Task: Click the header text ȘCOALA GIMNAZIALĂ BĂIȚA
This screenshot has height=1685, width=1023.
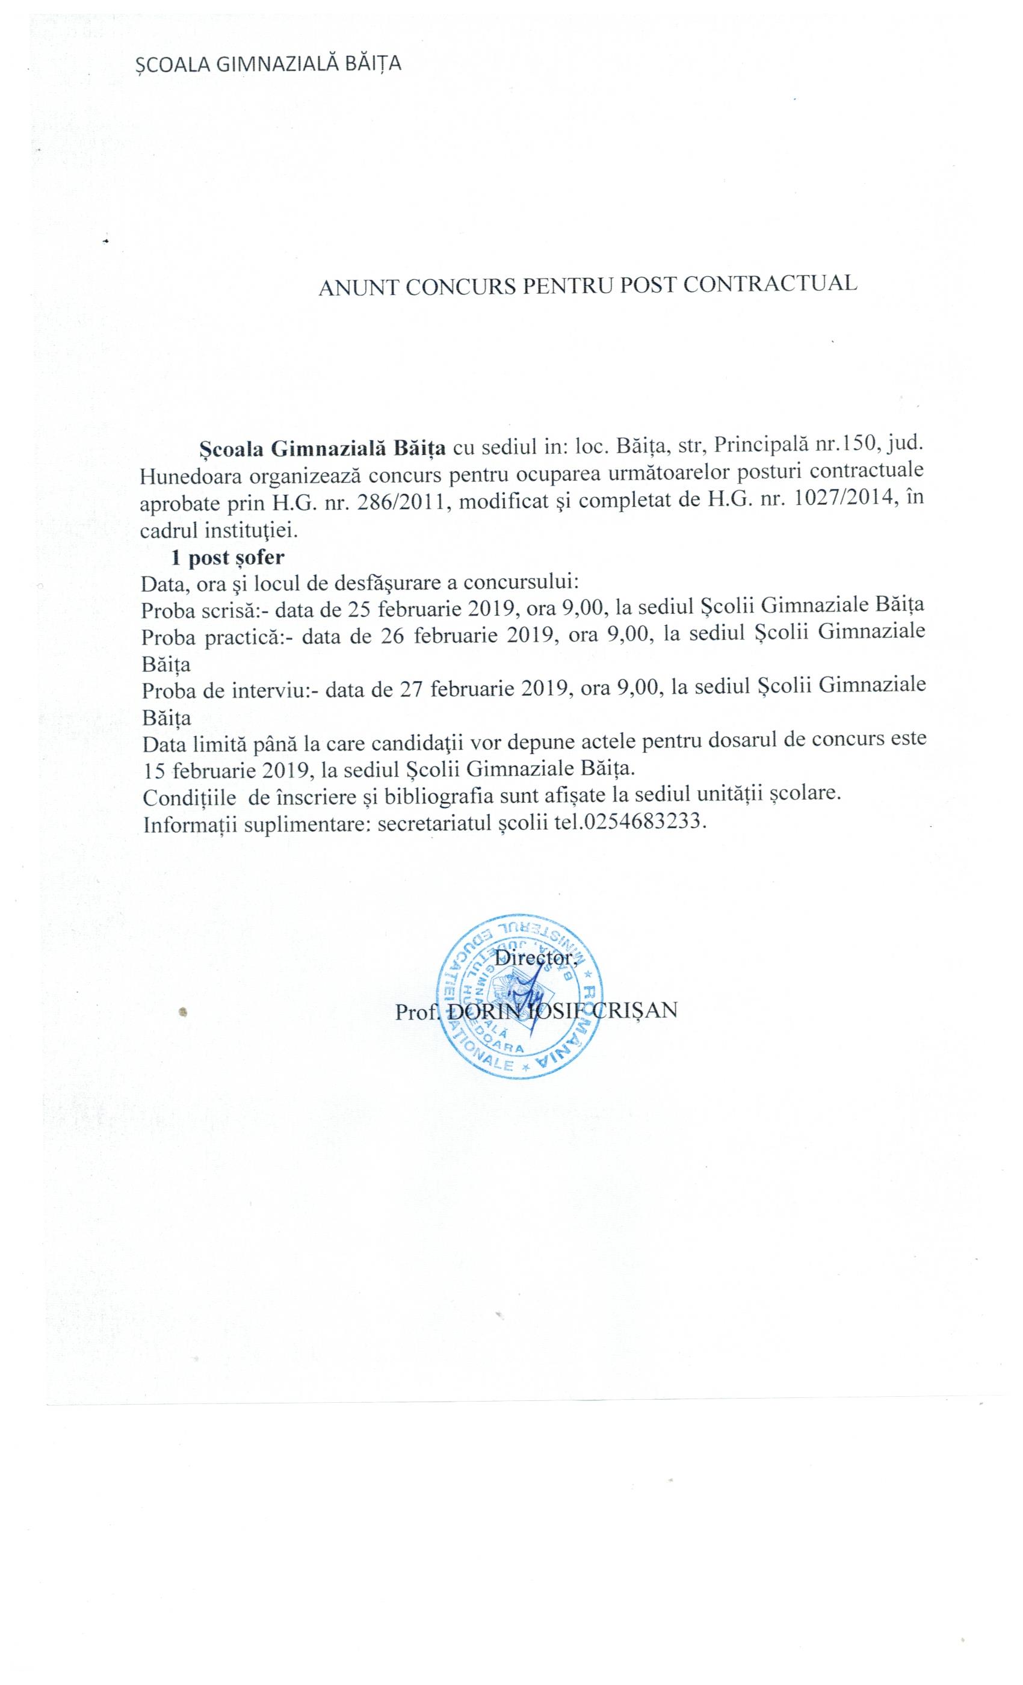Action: click(x=267, y=64)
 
